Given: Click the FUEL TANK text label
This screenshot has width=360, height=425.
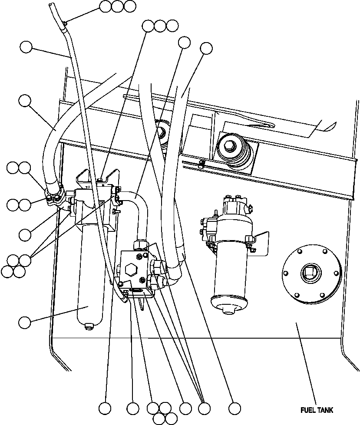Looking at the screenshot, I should tap(317, 410).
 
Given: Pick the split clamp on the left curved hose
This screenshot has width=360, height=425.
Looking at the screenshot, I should tap(56, 195).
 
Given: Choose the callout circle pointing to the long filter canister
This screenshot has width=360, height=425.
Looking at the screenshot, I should tap(25, 322).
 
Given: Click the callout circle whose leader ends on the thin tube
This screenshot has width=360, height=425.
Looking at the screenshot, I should tap(26, 47).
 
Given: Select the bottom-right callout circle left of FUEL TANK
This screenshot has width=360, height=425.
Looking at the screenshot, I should tap(234, 408).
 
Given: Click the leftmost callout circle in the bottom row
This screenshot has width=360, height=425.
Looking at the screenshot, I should tap(105, 408).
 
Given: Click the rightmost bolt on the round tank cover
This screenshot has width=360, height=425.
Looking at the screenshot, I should tap(336, 273).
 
